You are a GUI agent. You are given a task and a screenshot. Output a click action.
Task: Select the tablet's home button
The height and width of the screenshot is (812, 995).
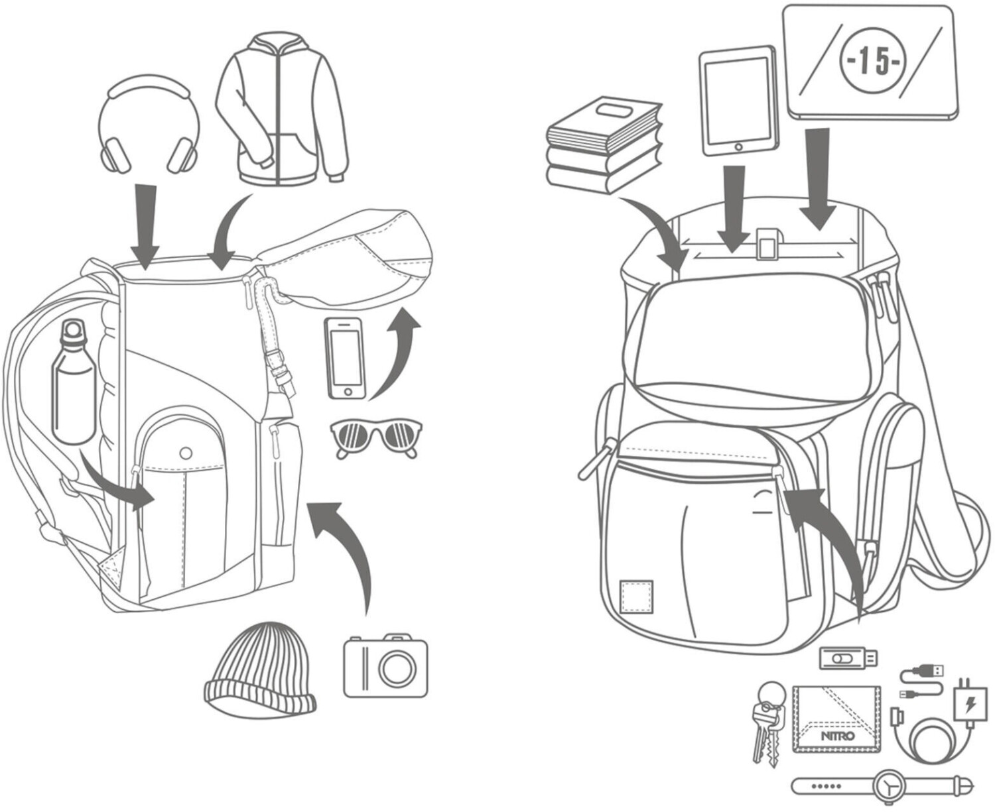tap(738, 145)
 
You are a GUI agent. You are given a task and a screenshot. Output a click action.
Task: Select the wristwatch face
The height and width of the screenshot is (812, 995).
tap(892, 787)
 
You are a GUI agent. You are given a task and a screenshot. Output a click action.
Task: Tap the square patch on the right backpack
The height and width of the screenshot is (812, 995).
tap(635, 597)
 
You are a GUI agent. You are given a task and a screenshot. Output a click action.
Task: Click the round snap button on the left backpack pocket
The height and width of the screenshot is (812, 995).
tap(186, 453)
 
